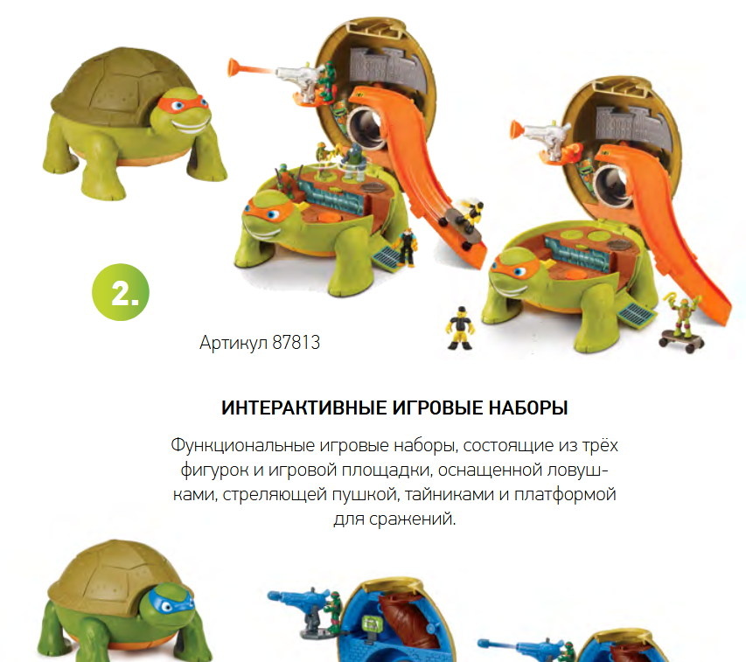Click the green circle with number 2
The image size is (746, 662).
tap(121, 292)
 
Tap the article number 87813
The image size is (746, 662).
tap(296, 343)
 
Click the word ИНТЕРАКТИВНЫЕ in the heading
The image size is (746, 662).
tap(304, 408)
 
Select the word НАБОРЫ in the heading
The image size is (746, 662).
tap(528, 408)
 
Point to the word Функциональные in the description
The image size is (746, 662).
tap(242, 446)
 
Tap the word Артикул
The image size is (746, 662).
tap(234, 343)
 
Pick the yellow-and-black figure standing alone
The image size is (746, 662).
tap(460, 328)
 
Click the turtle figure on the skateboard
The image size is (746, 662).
tap(683, 317)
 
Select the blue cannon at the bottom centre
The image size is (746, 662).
tap(298, 596)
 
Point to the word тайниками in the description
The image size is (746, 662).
tap(450, 494)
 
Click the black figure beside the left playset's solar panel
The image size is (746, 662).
tap(407, 247)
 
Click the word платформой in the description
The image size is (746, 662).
tap(565, 495)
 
